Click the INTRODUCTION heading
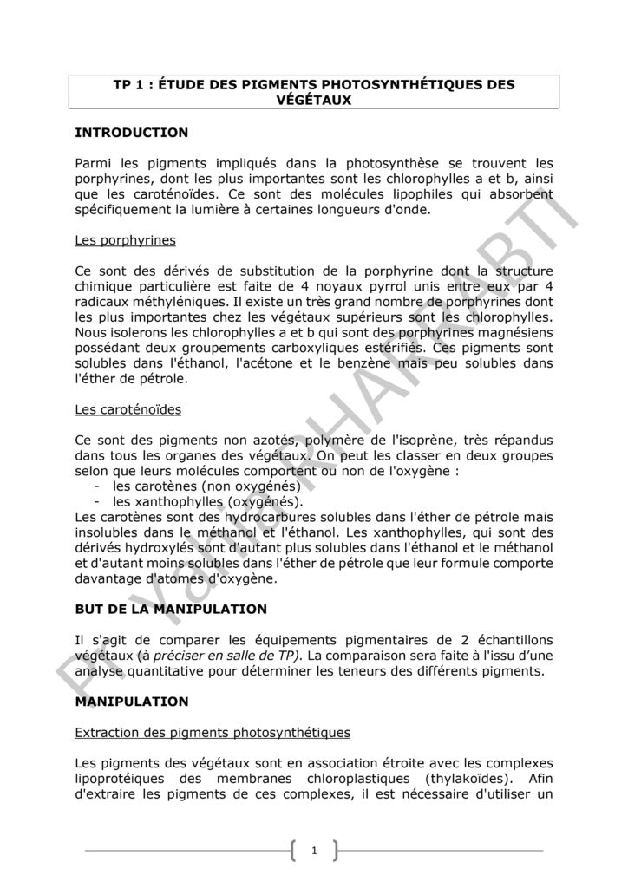coord(132,133)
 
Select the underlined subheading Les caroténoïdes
coord(128,408)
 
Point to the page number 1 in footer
coord(314,852)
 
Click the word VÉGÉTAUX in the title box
coord(313,100)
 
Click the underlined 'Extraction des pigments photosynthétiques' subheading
coord(213,733)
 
